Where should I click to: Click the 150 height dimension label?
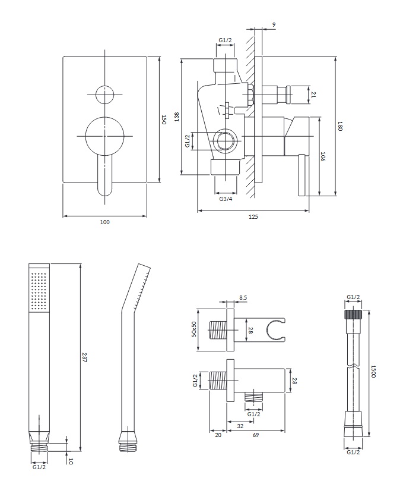click(164, 120)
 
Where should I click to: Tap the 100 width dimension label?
click(105, 222)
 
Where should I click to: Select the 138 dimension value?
click(177, 117)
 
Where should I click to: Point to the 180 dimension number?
click(341, 127)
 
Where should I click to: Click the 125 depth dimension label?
click(253, 217)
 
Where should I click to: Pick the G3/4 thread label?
click(226, 199)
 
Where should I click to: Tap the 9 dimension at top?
click(274, 24)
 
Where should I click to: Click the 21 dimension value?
click(313, 95)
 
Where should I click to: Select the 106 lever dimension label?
click(322, 156)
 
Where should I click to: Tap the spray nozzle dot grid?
click(39, 291)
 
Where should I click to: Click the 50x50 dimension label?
click(194, 329)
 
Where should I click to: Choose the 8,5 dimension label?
click(243, 298)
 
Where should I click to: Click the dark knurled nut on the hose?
click(353, 314)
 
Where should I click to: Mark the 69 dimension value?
click(255, 435)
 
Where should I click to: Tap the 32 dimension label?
click(240, 426)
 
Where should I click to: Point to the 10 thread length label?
click(71, 461)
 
